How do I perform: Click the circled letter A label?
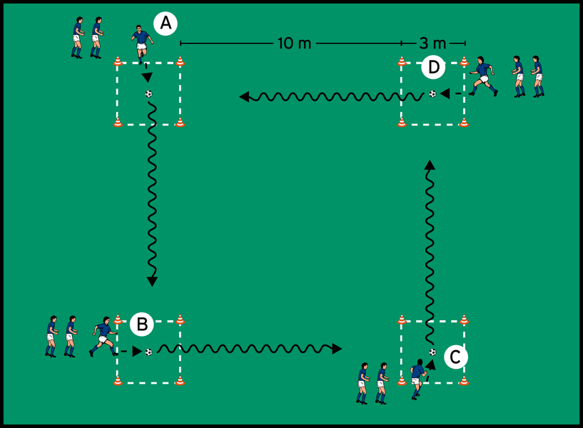point(166,24)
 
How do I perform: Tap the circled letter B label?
point(142,325)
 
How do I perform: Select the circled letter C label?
point(456,355)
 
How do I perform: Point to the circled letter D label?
point(432,68)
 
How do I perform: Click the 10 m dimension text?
point(294,44)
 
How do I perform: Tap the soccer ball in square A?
point(148,93)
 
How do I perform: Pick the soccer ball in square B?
point(148,351)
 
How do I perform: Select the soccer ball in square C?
point(432,352)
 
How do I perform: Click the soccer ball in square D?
point(432,93)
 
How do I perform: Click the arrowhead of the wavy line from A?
point(151,281)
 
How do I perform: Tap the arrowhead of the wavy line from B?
point(336,349)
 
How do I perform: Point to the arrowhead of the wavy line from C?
point(430,165)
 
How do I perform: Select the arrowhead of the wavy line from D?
point(244,96)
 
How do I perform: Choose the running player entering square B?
point(103,337)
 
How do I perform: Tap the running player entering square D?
point(484,75)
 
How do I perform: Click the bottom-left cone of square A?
point(118,123)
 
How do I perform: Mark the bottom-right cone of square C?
point(464,380)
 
